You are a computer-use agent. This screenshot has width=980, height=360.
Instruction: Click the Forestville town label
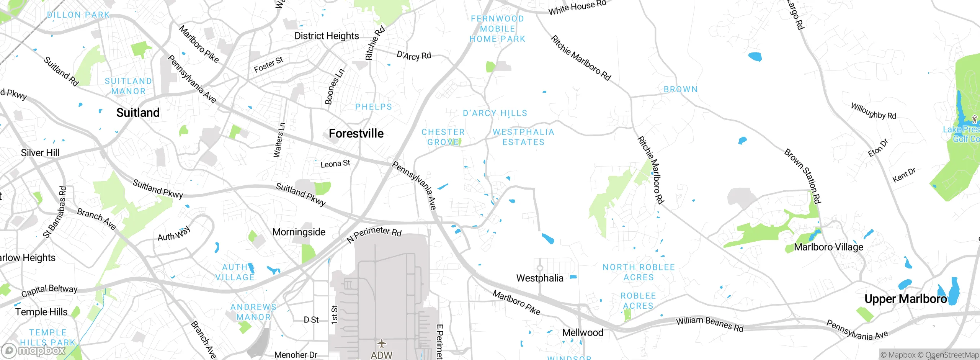[x=356, y=133]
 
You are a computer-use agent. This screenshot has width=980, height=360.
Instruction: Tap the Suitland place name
[x=138, y=113]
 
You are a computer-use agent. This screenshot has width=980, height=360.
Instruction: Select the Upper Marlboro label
[x=905, y=299]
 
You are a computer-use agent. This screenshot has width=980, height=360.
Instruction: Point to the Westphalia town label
[x=540, y=278]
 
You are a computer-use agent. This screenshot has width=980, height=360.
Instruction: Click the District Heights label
[x=327, y=36]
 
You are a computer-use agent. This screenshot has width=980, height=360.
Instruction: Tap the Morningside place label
[x=299, y=232]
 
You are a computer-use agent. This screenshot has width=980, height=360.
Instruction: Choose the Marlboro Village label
[x=829, y=247]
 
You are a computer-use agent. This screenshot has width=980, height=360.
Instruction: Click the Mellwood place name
[x=583, y=332]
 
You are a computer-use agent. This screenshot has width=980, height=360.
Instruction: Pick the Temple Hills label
[x=41, y=312]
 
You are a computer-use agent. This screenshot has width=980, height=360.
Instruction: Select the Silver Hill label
[x=40, y=153]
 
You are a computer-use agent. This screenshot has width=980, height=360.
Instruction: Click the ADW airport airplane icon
[x=381, y=343]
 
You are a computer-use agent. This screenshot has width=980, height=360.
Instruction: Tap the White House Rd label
[x=577, y=7]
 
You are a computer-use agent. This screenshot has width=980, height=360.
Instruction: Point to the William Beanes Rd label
[x=709, y=323]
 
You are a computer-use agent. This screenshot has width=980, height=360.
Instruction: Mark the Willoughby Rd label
[x=873, y=111]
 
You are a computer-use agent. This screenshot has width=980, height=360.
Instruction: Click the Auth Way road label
[x=174, y=234]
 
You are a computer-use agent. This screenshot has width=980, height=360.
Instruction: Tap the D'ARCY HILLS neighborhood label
[x=495, y=113]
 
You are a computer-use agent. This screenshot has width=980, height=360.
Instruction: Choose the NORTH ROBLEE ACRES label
[x=639, y=272]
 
